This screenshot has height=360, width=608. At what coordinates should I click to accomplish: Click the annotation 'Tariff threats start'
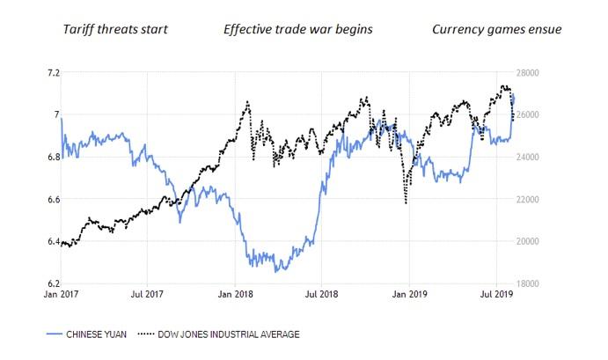(x=115, y=30)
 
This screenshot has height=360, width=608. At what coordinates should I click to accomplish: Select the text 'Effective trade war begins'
(x=298, y=30)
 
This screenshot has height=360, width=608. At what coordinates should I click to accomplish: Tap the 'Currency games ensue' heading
(x=496, y=30)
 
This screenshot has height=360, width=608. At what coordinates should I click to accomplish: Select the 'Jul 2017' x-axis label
(x=148, y=296)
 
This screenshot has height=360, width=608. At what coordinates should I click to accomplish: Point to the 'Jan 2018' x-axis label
(x=235, y=296)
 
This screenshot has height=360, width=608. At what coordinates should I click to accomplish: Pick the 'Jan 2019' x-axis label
(x=410, y=296)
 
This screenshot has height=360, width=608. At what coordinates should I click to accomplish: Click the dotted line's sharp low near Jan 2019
(x=406, y=203)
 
